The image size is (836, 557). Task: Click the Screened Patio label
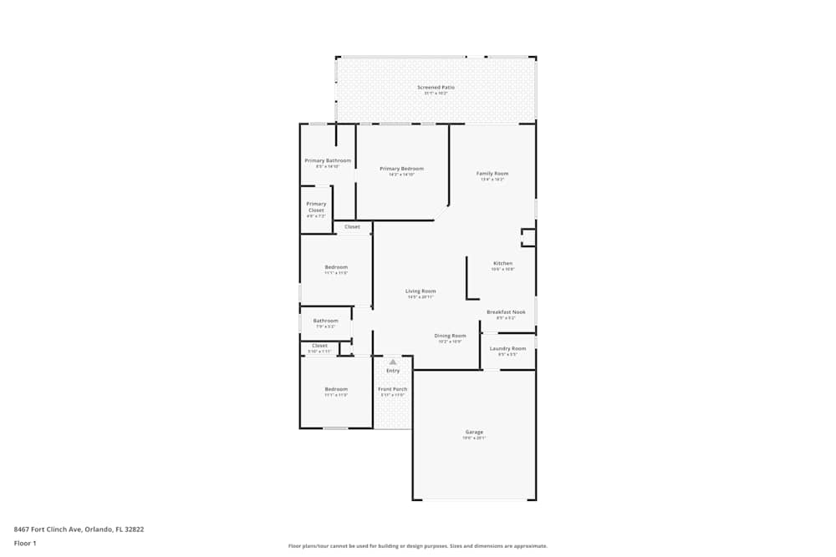tap(436, 87)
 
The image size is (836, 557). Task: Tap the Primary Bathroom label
tap(328, 160)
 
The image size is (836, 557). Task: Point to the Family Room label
tap(492, 174)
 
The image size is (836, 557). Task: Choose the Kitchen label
tap(502, 263)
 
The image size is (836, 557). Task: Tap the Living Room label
tap(421, 291)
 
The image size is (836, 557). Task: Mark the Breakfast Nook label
tap(506, 312)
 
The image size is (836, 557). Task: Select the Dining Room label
tap(450, 336)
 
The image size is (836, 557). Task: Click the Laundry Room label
tap(507, 348)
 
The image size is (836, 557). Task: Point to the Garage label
tap(474, 432)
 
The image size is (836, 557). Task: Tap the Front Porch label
tap(393, 389)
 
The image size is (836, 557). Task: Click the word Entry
tap(393, 371)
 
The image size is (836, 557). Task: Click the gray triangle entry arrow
tap(393, 362)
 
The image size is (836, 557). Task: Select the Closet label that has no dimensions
tap(352, 226)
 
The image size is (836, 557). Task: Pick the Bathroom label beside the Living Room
tap(325, 321)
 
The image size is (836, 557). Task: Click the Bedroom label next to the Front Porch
tap(336, 389)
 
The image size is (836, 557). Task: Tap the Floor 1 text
tap(25, 543)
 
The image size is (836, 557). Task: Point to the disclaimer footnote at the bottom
tap(417, 545)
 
